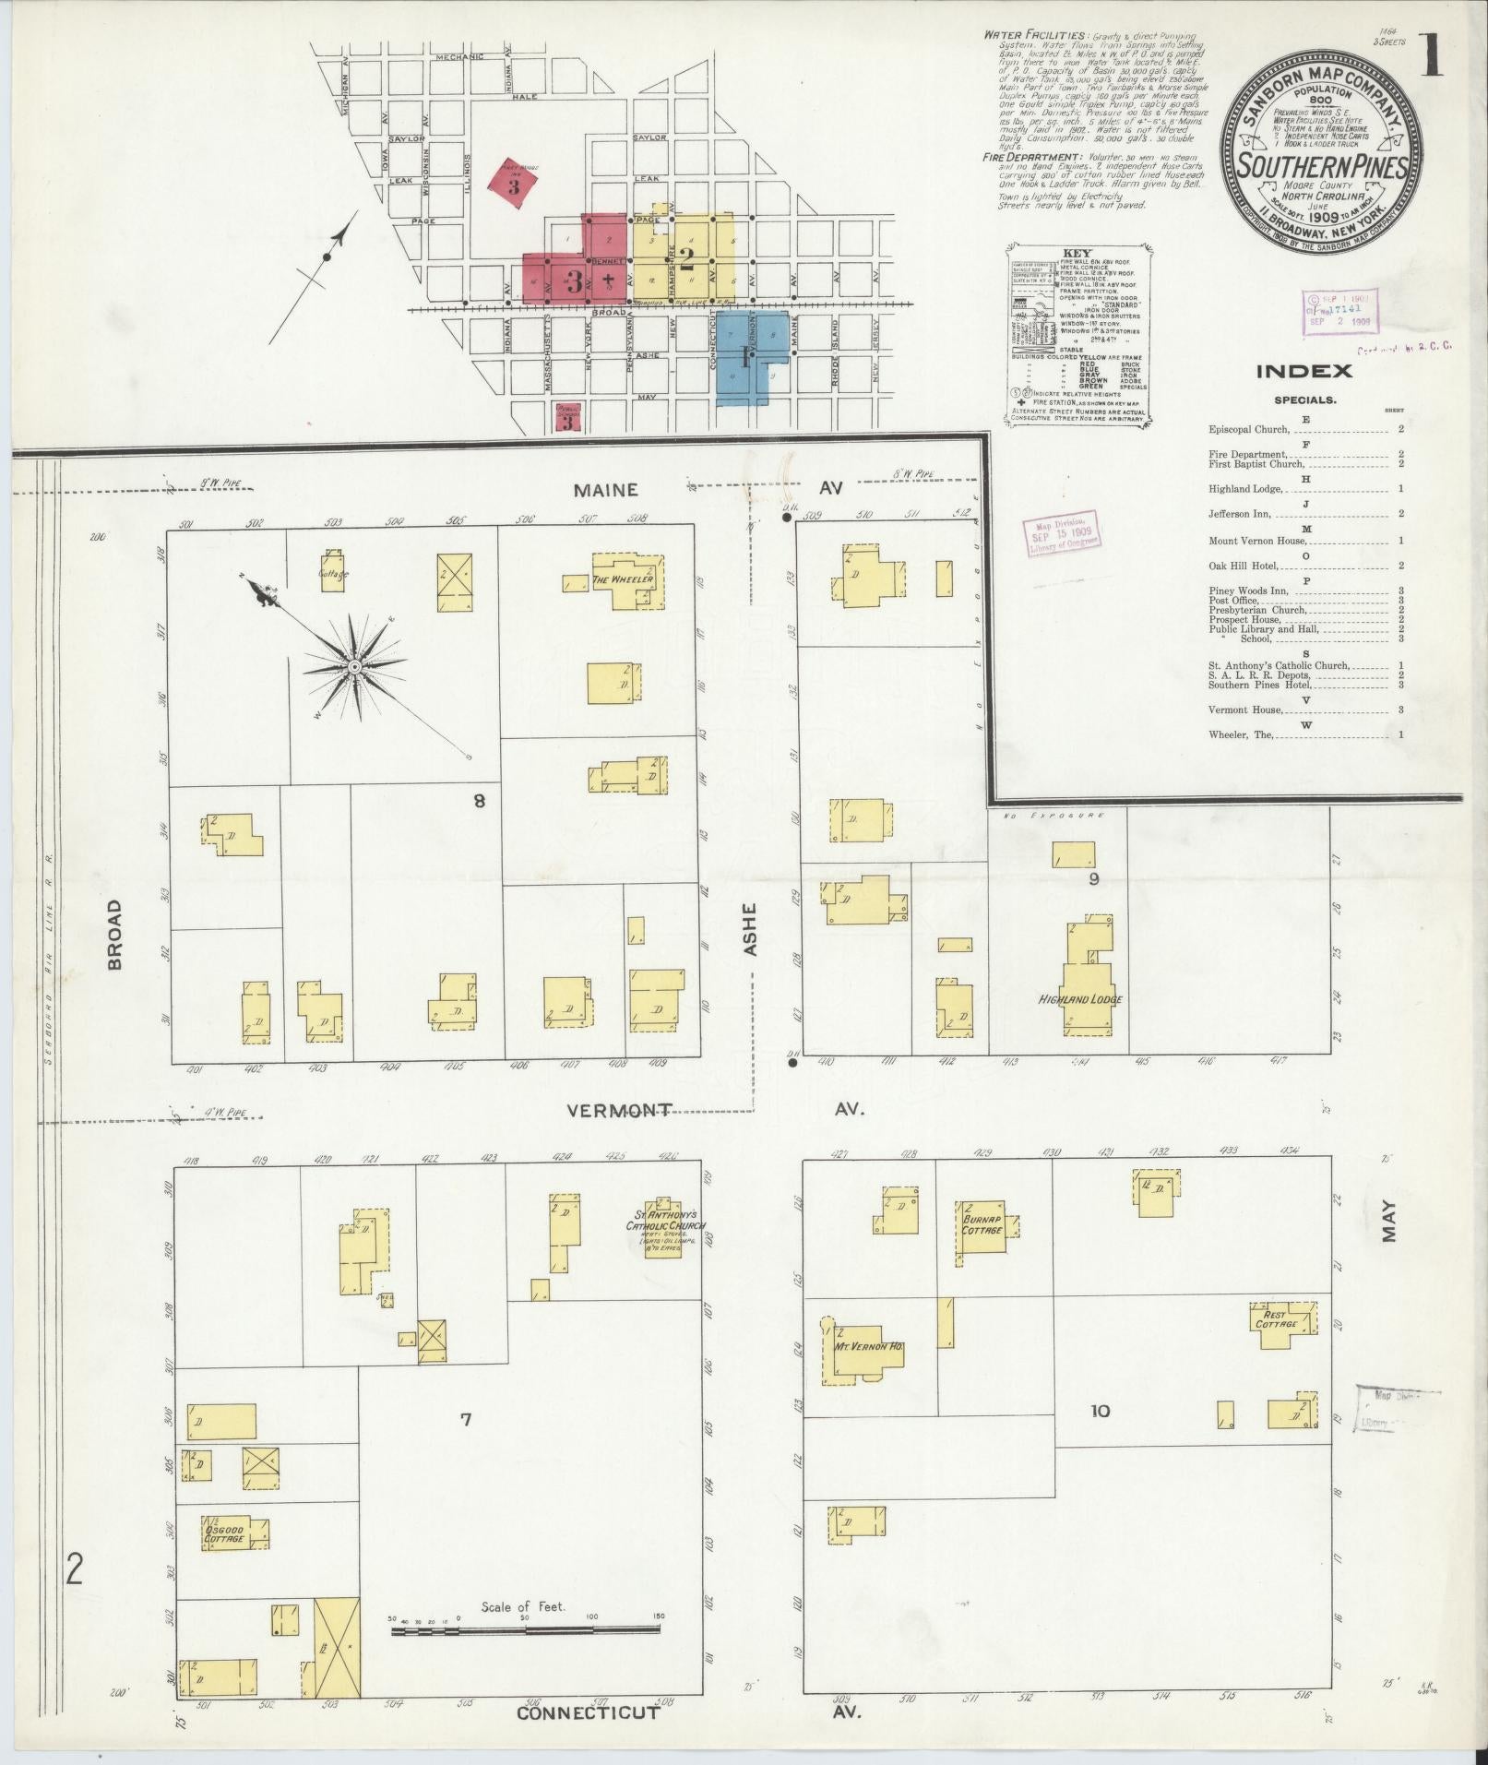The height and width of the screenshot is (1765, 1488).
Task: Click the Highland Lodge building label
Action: coord(1080,999)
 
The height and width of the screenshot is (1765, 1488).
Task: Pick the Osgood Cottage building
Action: coord(225,1534)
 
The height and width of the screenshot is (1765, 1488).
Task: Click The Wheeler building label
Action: coord(624,579)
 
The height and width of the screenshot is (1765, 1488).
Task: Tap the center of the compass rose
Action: coord(353,666)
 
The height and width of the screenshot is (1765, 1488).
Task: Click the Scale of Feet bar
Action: coord(525,1630)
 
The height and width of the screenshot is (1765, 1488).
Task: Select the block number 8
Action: coord(479,801)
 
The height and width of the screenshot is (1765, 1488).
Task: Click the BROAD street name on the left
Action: coord(114,934)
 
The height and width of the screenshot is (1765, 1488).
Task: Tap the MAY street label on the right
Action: coord(1389,1221)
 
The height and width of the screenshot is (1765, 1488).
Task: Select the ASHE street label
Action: coord(749,928)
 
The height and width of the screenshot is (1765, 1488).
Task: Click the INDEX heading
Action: coord(1303,371)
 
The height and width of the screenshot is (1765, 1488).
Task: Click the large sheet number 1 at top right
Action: coord(1432,57)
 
